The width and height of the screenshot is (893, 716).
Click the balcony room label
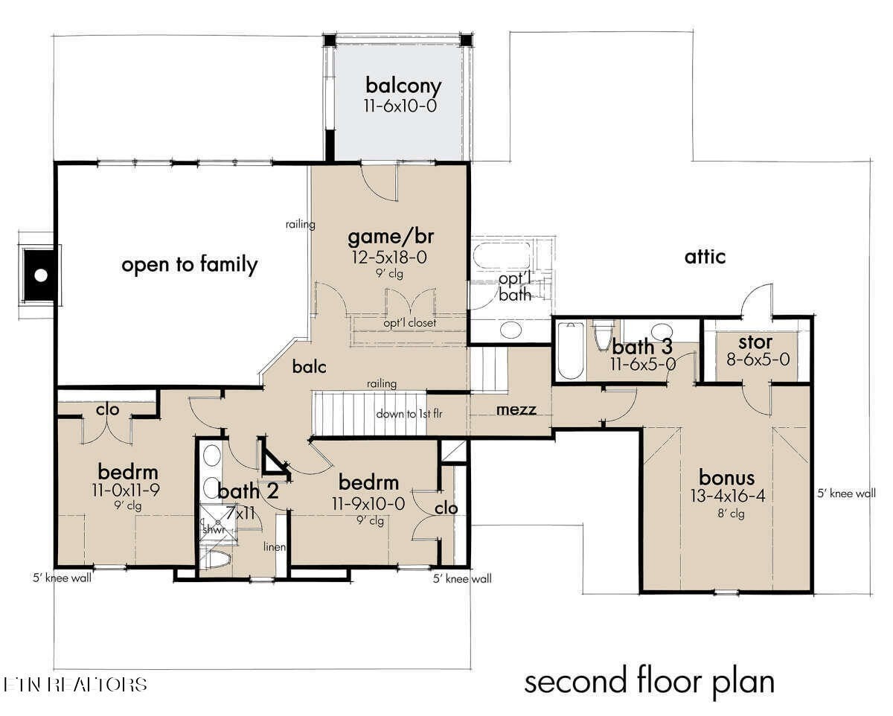(403, 86)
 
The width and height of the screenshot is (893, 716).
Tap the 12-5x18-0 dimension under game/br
(389, 258)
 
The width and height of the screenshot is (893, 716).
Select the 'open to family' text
(190, 265)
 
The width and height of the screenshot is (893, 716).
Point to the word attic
(705, 258)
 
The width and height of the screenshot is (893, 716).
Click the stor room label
(755, 342)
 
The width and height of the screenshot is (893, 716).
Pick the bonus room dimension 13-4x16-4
(728, 496)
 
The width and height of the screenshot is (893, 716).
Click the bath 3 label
(642, 347)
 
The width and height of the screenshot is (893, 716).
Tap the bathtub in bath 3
(571, 351)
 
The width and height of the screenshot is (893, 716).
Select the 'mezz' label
(516, 410)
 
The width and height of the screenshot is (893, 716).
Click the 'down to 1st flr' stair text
(409, 414)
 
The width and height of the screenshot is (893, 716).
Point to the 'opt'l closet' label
(409, 322)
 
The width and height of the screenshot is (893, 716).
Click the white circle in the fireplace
(41, 275)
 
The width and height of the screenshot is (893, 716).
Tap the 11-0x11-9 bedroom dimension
(126, 490)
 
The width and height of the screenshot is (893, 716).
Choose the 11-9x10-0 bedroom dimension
(368, 504)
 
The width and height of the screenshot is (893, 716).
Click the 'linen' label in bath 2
(275, 547)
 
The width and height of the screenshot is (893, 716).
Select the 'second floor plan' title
(650, 683)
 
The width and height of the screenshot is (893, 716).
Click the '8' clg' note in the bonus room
(731, 514)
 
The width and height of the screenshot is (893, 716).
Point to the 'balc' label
(309, 367)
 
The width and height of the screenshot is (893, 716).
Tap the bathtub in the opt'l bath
(502, 255)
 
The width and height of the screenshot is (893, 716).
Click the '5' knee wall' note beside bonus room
(847, 493)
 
